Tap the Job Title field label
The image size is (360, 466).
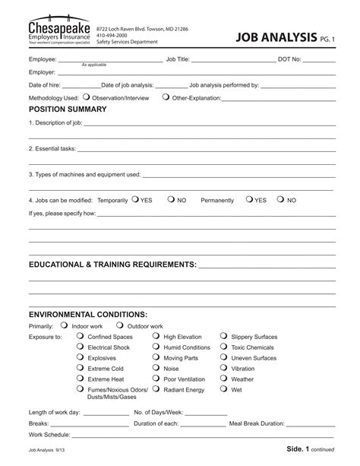tap(178, 59)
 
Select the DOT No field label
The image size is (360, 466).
tap(290, 59)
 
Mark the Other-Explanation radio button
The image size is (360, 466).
tap(166, 97)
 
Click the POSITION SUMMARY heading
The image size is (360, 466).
tap(68, 109)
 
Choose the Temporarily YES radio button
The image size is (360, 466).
tap(134, 199)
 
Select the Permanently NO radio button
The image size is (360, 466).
tap(280, 199)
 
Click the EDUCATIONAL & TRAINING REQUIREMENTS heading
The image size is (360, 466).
tap(112, 265)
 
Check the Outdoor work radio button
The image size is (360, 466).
tap(121, 325)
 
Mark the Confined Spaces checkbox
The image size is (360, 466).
tap(81, 336)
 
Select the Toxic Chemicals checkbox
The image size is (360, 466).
tap(225, 347)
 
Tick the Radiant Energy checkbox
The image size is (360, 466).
tap(156, 389)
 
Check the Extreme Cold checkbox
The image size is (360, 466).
tap(81, 368)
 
